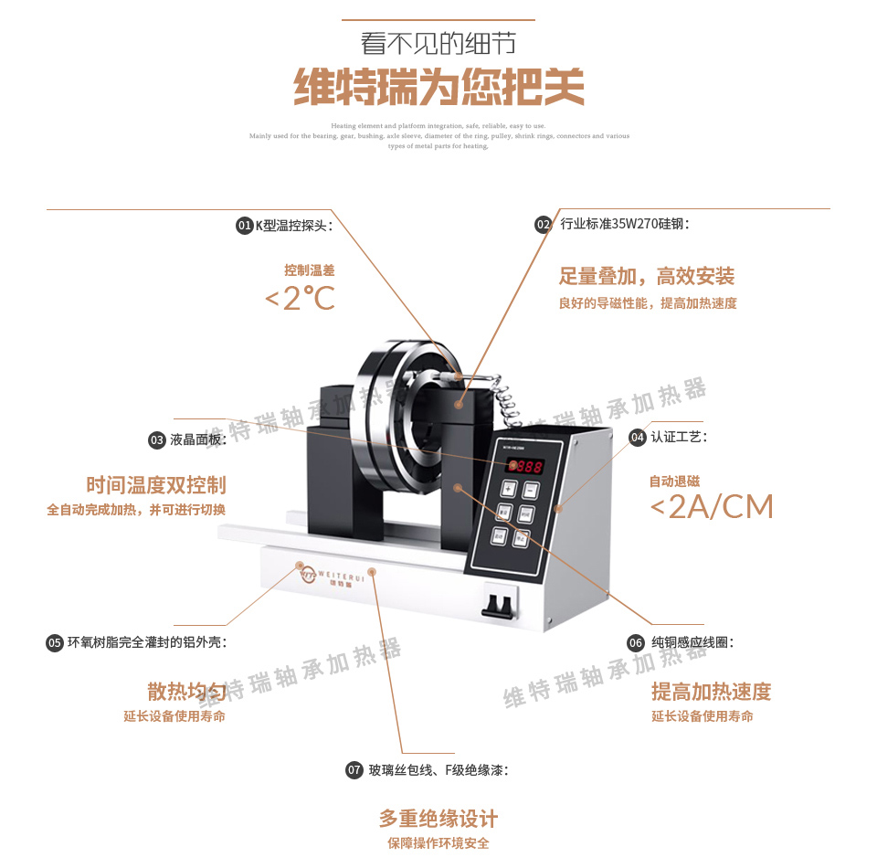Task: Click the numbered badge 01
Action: (244, 226)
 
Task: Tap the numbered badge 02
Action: (544, 224)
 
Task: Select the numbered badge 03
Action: (157, 440)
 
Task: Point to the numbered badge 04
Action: (638, 438)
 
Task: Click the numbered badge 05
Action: (55, 642)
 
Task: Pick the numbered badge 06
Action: (637, 643)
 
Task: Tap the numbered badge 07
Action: (354, 770)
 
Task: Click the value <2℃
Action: (300, 298)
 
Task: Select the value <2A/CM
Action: (712, 506)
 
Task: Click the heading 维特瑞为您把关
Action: (438, 89)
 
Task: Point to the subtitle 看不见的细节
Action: (438, 44)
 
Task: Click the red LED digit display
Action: (528, 466)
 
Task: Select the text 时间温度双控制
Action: (156, 485)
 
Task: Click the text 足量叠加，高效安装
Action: (647, 276)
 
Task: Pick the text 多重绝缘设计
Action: (438, 818)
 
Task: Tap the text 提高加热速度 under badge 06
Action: (711, 692)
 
